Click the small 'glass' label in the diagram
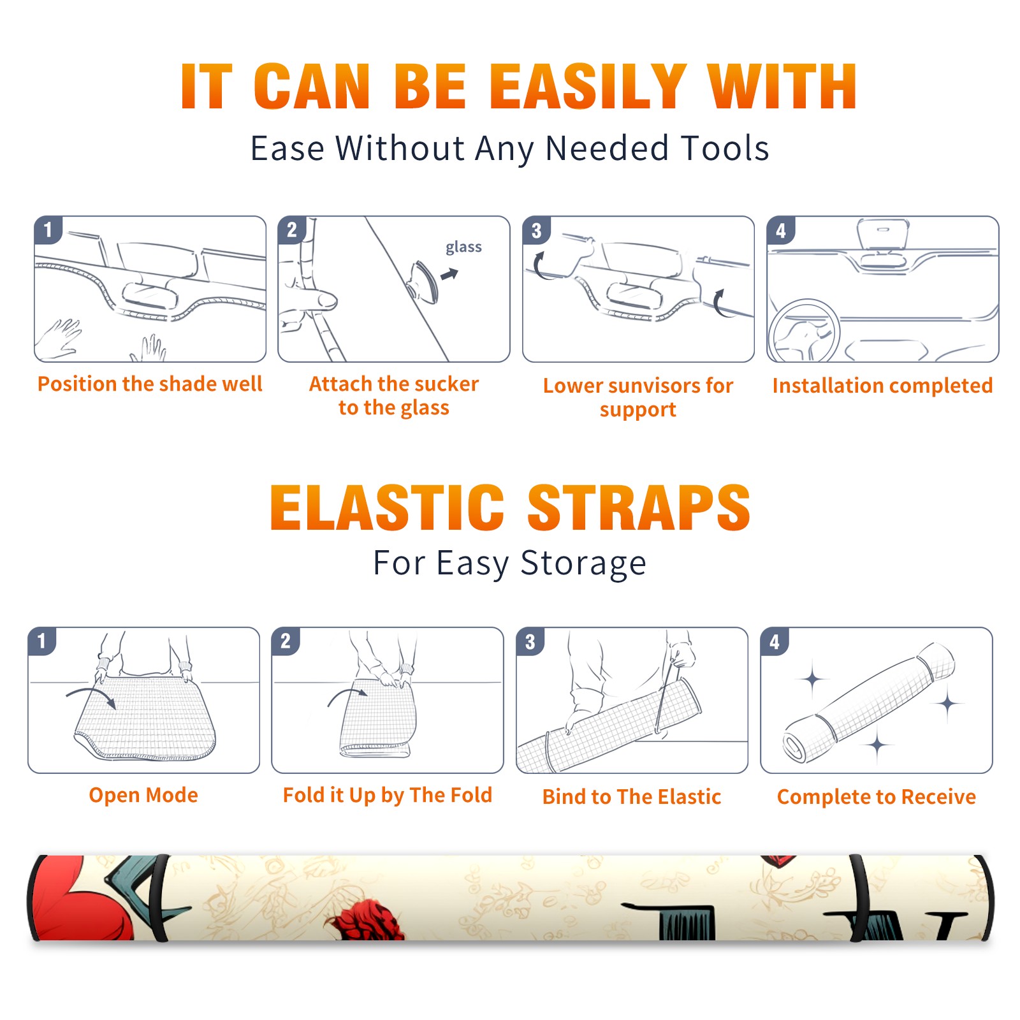463,247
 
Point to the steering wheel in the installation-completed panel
804,331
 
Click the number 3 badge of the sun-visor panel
537,231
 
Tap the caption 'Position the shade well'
150,384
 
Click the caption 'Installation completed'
882,386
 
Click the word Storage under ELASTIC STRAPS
583,564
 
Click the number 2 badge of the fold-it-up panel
286,641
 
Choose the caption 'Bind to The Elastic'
632,797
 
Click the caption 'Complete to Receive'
877,797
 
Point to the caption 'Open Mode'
143,796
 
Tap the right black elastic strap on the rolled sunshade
859,898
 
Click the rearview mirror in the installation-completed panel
883,235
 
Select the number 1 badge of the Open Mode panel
42,641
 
